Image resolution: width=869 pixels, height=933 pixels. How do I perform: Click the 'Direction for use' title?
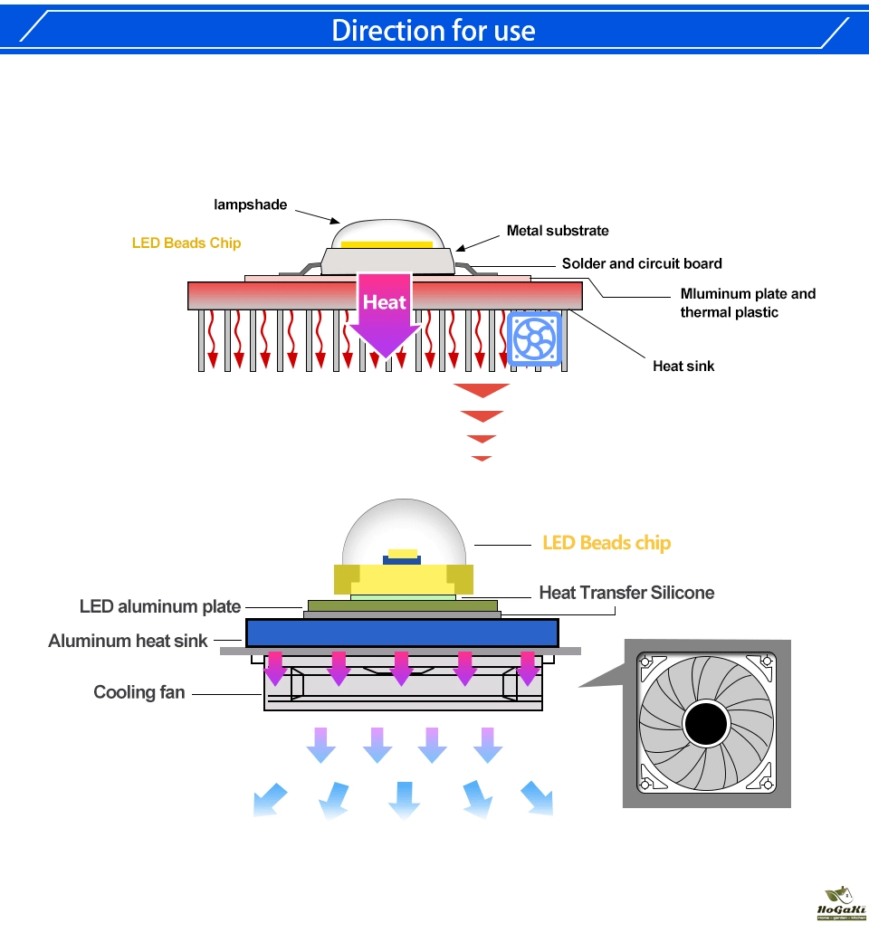[434, 30]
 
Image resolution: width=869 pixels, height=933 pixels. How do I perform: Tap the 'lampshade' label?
[250, 205]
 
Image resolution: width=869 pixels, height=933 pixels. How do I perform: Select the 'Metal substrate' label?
[558, 231]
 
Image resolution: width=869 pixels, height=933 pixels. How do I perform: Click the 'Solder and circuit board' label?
[642, 263]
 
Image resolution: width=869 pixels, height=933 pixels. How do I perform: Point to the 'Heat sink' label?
[683, 366]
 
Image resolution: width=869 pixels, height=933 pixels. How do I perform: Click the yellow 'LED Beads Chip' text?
[186, 243]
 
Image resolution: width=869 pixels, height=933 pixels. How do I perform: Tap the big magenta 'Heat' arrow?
[385, 312]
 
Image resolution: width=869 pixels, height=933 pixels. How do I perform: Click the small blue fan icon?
[534, 338]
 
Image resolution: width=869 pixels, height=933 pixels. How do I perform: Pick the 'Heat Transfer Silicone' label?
[626, 593]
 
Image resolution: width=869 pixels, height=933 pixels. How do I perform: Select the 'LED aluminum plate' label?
[160, 606]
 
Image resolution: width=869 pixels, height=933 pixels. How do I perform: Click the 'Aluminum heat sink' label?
[128, 641]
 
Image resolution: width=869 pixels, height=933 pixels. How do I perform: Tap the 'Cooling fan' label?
[138, 692]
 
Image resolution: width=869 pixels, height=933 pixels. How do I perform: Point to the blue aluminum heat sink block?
[402, 633]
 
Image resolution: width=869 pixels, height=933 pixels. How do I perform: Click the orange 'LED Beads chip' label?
[606, 543]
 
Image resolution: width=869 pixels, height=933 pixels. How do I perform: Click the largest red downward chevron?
[482, 391]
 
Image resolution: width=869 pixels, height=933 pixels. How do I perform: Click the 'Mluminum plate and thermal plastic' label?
[748, 302]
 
